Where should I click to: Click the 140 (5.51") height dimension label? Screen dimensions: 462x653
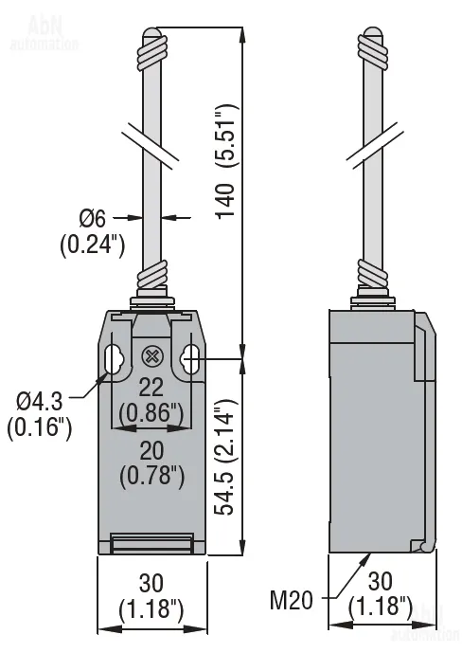pyautogui.click(x=227, y=159)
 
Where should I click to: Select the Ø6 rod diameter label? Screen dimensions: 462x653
pyautogui.click(x=93, y=218)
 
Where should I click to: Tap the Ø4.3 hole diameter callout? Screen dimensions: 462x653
pyautogui.click(x=39, y=401)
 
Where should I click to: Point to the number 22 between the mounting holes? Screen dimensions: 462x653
pyautogui.click(x=151, y=388)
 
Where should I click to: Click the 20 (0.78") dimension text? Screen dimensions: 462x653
pyautogui.click(x=151, y=463)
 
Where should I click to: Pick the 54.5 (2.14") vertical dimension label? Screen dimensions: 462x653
pyautogui.click(x=227, y=457)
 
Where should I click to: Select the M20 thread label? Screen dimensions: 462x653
pyautogui.click(x=291, y=601)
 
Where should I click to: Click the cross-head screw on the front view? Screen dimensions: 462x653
pyautogui.click(x=152, y=356)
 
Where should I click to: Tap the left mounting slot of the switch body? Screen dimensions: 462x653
pyautogui.click(x=111, y=359)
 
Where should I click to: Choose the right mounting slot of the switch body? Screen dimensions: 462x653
pyautogui.click(x=189, y=359)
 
